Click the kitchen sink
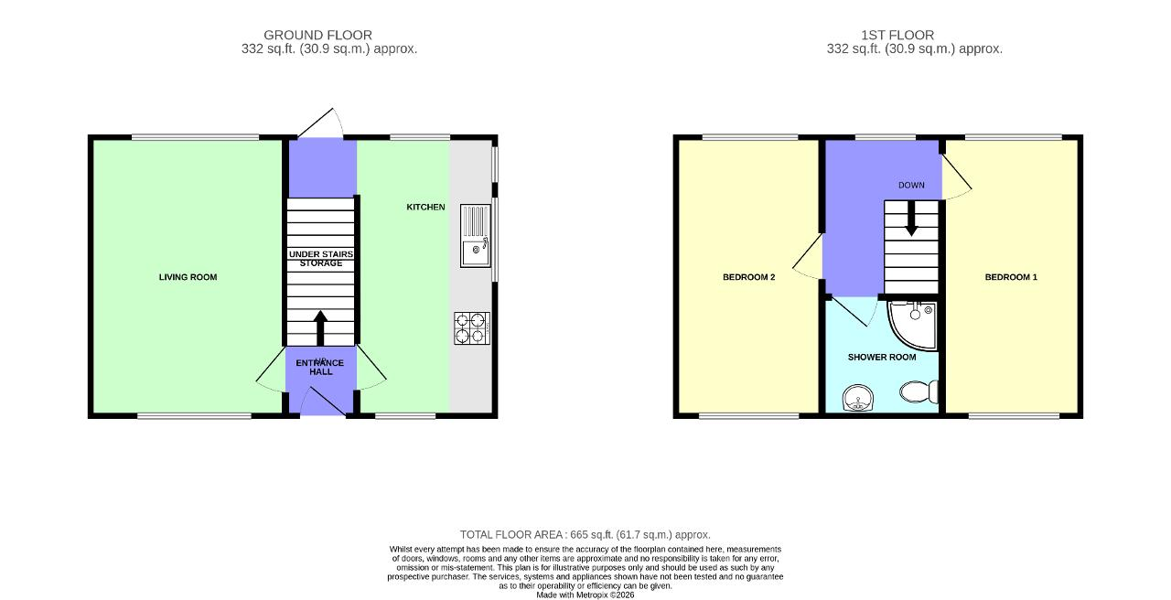pos(475,236)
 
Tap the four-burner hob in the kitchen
pos(471,328)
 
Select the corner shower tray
pos(912,325)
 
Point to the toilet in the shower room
pos(919,391)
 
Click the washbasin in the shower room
pos(858,398)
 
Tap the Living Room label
pos(188,277)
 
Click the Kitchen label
pos(425,207)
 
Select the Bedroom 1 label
pos(1011,277)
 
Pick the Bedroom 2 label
pos(748,277)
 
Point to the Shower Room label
pos(881,357)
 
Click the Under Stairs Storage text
pos(321,259)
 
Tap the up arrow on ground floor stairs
pos(320,328)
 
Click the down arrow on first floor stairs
pos(911,219)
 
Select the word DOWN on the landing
pos(911,185)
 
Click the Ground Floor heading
pos(317,35)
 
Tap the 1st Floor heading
pos(897,35)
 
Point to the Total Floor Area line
pos(585,535)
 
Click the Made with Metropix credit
pos(585,595)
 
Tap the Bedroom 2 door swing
pos(808,257)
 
